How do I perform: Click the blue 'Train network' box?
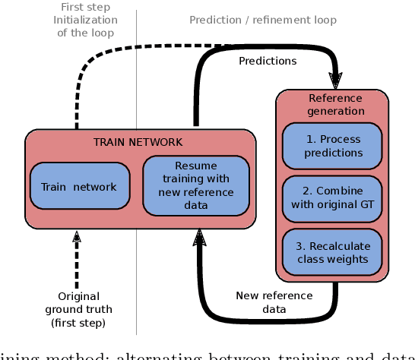coord(79,187)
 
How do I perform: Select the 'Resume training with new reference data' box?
coord(195,185)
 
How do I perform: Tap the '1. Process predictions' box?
coord(333,146)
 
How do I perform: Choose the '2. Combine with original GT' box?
coord(333,197)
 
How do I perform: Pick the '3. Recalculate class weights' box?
coord(333,252)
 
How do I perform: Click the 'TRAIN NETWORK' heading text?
coord(138,142)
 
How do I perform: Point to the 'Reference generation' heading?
coord(335,104)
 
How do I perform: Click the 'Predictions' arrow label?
coord(268,61)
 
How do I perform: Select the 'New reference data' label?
coord(274,302)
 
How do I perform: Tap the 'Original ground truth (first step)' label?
coord(78,309)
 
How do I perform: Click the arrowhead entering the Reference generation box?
coord(335,81)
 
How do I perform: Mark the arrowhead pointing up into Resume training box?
coord(199,238)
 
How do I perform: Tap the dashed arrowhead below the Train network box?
coord(77,238)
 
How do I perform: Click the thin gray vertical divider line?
coord(136,91)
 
